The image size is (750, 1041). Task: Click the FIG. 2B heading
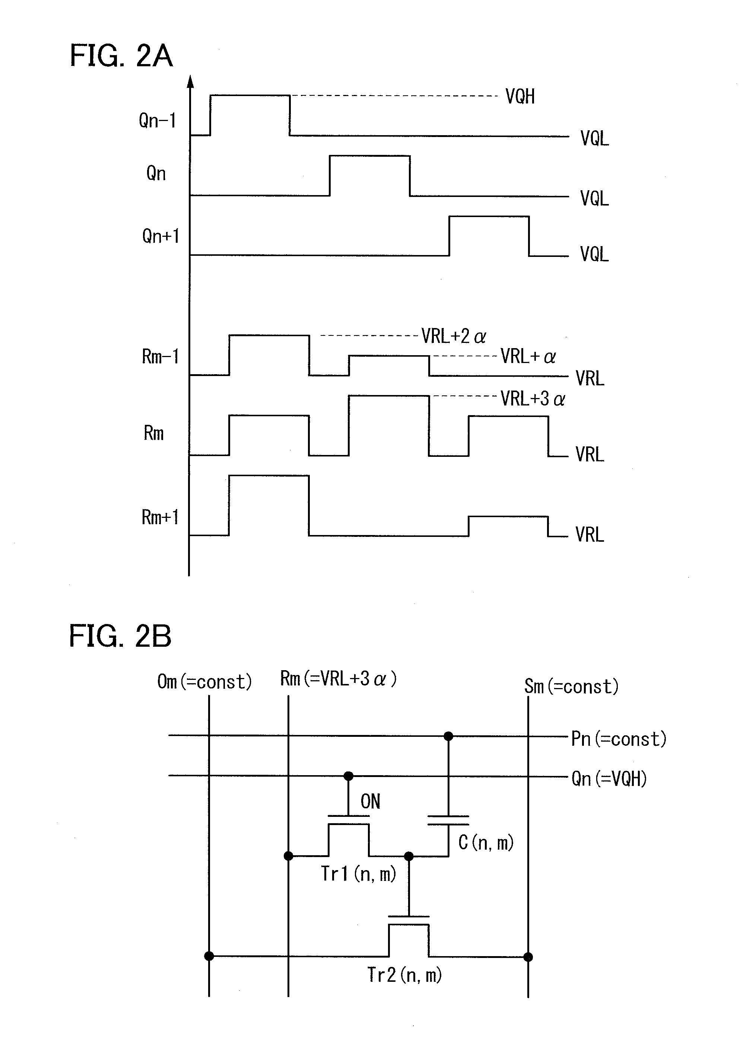click(x=120, y=636)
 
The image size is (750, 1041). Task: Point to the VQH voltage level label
click(x=520, y=96)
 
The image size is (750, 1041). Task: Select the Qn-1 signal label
click(x=158, y=121)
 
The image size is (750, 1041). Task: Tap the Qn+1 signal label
click(x=160, y=236)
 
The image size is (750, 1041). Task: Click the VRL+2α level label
click(x=454, y=337)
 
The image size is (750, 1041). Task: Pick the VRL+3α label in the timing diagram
click(x=533, y=399)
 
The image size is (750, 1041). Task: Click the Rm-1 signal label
click(x=160, y=357)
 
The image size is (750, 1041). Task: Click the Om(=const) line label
click(x=204, y=682)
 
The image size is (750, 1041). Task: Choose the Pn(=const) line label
click(x=618, y=739)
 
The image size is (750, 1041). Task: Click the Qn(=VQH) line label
click(x=608, y=779)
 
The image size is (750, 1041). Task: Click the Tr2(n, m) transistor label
click(x=404, y=974)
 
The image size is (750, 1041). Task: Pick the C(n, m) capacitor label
click(x=486, y=842)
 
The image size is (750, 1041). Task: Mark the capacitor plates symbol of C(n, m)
click(x=448, y=820)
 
